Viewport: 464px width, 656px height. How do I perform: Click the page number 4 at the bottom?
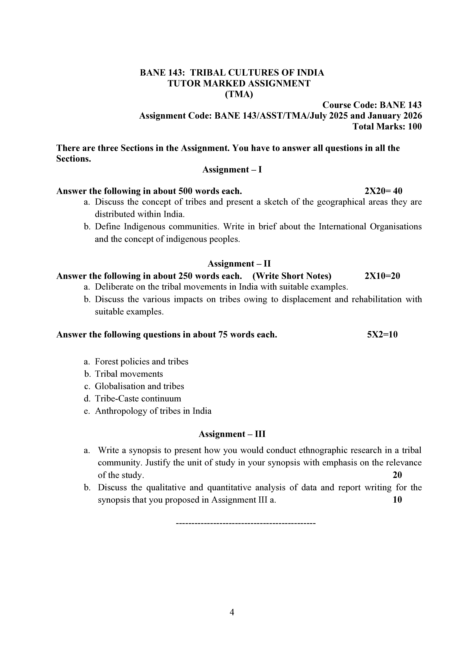pyautogui.click(x=232, y=612)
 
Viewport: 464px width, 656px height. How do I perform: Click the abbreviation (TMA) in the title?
pyautogui.click(x=239, y=94)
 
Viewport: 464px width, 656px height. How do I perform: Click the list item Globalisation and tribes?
pyautogui.click(x=140, y=386)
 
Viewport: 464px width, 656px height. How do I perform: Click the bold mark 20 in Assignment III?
pyautogui.click(x=397, y=475)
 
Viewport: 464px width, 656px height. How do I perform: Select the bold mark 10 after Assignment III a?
pyautogui.click(x=397, y=499)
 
